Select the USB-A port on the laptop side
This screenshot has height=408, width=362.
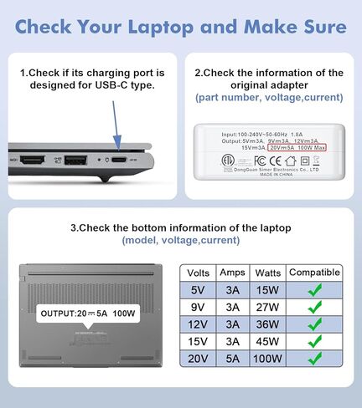75,159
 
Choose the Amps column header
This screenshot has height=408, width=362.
232,273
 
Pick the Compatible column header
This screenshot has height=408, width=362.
313,273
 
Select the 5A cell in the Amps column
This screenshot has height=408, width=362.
232,358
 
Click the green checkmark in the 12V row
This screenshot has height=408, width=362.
314,324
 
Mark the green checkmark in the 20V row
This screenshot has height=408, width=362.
314,358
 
